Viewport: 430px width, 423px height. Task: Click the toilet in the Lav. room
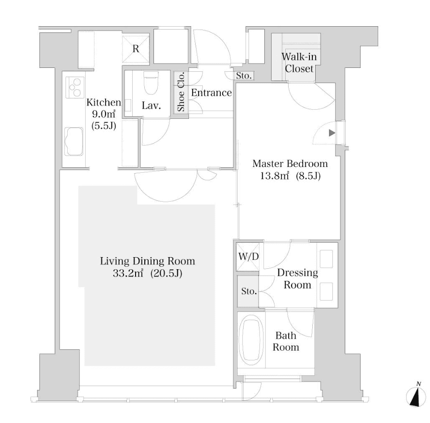point(151,82)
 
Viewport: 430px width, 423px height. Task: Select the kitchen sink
point(74,142)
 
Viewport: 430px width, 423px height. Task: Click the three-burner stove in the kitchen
point(75,87)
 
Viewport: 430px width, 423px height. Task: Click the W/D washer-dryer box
point(248,257)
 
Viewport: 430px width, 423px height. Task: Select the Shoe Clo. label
point(181,92)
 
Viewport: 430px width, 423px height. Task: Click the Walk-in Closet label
point(299,63)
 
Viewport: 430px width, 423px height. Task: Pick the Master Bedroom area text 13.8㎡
point(275,176)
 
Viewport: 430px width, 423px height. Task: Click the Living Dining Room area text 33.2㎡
point(128,273)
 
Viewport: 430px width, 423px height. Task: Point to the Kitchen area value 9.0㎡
point(103,114)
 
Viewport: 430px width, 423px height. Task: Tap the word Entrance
point(211,93)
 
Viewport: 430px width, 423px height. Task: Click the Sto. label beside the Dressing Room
point(249,291)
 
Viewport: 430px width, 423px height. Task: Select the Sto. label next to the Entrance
point(244,76)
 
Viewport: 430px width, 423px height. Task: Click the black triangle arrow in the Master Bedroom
point(332,133)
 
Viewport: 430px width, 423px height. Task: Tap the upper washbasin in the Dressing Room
point(326,259)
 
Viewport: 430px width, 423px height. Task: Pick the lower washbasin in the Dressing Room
point(326,292)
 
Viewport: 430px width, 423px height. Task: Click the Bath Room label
point(286,342)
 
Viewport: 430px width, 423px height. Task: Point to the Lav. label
point(151,106)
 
